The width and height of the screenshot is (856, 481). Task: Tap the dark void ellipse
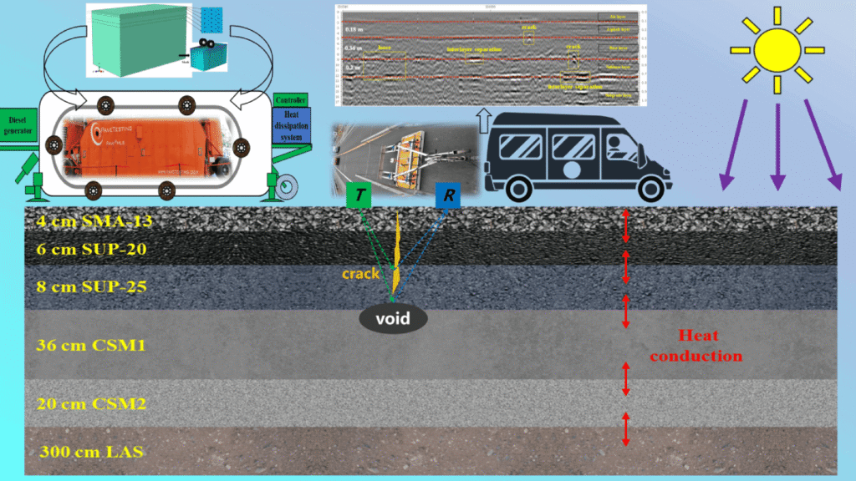[x=393, y=318]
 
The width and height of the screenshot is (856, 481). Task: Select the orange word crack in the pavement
[x=361, y=273]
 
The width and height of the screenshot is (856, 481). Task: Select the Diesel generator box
[x=18, y=124]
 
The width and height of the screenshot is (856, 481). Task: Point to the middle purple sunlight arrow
[x=777, y=147]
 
